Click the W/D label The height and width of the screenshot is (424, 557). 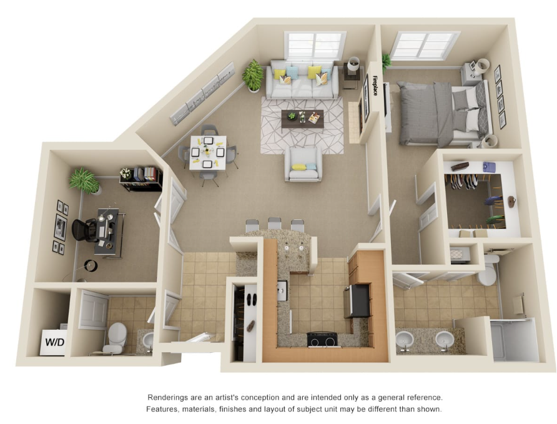55,342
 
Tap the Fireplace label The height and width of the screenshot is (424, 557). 375,86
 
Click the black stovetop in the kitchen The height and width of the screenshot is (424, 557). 322,339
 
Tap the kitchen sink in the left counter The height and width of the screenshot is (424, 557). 282,290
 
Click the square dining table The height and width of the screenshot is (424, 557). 208,153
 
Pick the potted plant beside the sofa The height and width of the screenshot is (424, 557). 253,76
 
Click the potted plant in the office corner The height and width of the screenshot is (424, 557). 84,181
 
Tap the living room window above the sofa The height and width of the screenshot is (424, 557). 315,46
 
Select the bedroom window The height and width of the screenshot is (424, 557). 425,45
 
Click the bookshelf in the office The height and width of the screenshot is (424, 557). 140,179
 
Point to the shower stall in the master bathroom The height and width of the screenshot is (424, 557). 514,339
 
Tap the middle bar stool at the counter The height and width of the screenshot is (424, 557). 275,224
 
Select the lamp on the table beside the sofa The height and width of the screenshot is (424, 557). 354,64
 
